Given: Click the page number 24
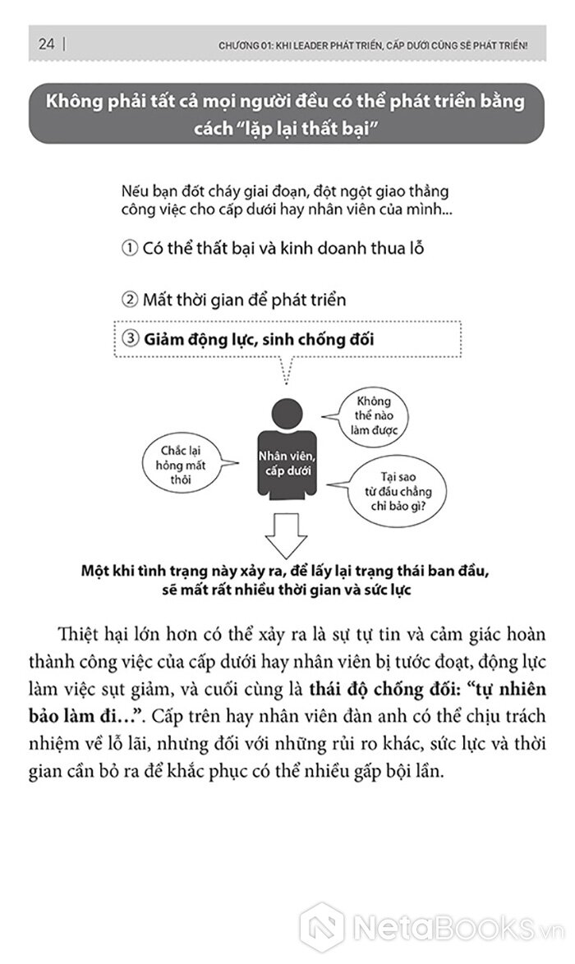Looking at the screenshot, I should (x=45, y=44).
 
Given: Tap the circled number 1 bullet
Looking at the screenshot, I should (x=129, y=248).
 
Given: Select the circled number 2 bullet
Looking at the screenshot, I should (x=129, y=300).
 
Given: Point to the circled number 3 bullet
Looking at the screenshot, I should (x=129, y=337).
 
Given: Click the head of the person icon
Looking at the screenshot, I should (x=286, y=411).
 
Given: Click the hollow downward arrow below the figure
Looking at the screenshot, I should (x=286, y=535).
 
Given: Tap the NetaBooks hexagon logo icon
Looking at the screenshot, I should (x=322, y=925).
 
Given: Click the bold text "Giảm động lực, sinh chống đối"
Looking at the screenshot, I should (x=259, y=337).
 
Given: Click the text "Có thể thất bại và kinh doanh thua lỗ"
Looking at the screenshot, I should (x=283, y=248).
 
